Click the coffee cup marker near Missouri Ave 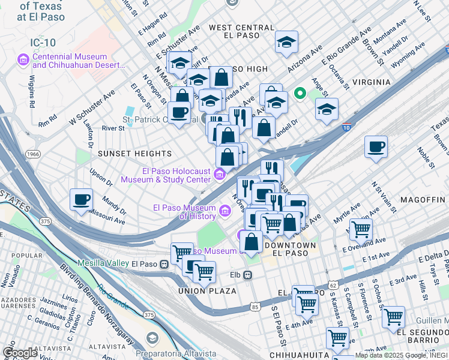pos(81,200)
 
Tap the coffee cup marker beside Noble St pos(376,147)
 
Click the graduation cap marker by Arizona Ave pos(287,42)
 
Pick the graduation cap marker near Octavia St pos(327,110)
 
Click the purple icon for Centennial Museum pos(23,59)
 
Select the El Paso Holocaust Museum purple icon pos(220,175)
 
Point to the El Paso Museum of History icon pos(225,210)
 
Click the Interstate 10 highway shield pos(346,127)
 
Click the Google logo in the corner pos(20,353)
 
